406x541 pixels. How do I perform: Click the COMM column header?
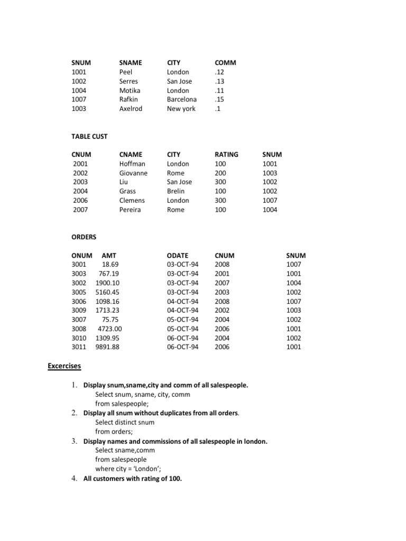(x=225, y=62)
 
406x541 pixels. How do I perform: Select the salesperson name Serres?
(x=128, y=81)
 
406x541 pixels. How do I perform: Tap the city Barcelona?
(x=181, y=99)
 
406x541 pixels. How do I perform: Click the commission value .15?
(x=219, y=99)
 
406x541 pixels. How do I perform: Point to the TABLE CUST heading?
(x=89, y=136)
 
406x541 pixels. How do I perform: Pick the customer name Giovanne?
(x=133, y=173)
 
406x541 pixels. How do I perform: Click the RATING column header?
(x=226, y=154)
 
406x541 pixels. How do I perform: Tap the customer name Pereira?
(x=131, y=210)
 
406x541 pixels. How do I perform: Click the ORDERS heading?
(x=84, y=237)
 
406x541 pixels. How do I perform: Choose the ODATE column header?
(x=178, y=255)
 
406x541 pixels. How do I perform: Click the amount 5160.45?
(x=107, y=292)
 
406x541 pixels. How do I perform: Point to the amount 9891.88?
(x=107, y=347)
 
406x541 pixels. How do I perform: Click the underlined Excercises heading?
(x=64, y=366)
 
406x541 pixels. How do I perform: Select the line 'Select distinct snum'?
(x=125, y=422)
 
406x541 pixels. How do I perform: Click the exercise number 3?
(x=75, y=441)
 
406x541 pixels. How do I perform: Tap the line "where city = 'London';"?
(x=127, y=469)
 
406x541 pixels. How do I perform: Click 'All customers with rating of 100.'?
(x=132, y=479)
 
